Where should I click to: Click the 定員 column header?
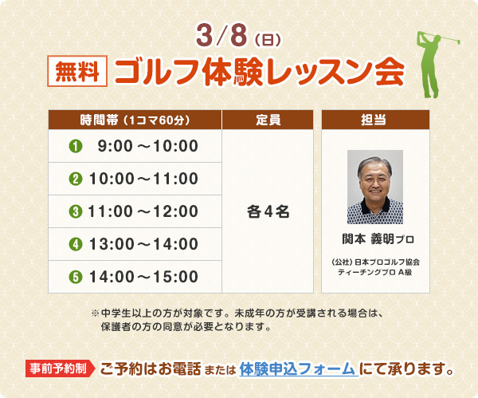pos(268,120)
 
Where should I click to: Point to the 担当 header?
pos(375,120)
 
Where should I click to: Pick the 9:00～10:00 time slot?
pos(147,146)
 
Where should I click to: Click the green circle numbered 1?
pos(76,146)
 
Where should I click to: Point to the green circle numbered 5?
pos(76,277)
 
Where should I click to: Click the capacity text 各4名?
pos(268,211)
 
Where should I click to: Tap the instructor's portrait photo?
pos(375,187)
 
